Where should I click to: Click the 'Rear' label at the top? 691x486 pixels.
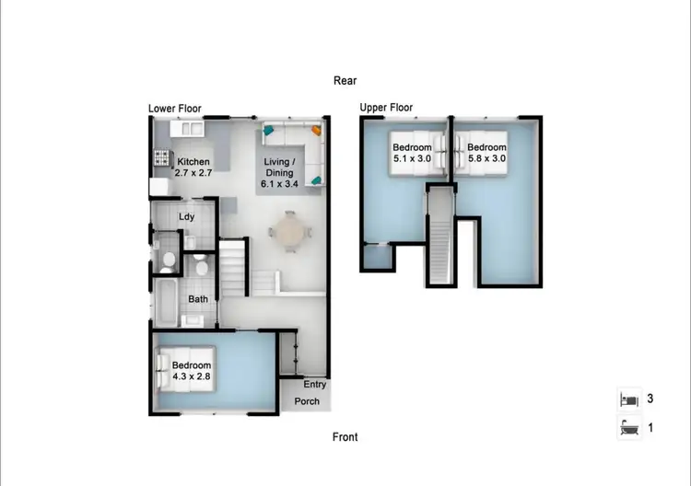point(345,81)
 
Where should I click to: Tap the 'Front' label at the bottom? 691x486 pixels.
point(345,436)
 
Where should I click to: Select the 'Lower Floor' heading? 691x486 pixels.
point(175,109)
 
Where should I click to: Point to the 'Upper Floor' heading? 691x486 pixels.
point(386,108)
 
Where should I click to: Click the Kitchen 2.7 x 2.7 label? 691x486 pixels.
point(193,167)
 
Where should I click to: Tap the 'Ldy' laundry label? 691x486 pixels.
point(186,217)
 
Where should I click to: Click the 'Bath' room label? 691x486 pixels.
point(198,299)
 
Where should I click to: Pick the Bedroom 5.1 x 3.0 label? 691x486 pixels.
point(412,153)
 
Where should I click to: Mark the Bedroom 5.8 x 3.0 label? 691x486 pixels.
point(486,153)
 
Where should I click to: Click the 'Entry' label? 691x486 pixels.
point(314,385)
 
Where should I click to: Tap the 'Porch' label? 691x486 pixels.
point(308,402)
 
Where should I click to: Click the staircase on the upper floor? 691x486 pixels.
point(441,235)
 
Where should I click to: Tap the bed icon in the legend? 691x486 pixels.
point(627,399)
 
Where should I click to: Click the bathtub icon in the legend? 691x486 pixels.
point(627,428)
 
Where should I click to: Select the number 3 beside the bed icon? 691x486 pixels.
point(650,399)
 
